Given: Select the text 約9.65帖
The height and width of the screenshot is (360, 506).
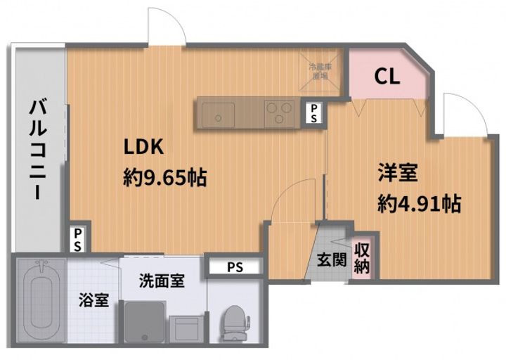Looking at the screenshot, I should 164,177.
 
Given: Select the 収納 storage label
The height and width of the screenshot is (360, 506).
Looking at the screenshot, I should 363,258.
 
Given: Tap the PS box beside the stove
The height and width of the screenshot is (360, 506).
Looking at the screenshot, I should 313,112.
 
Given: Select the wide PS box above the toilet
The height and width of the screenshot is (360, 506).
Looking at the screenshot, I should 235,267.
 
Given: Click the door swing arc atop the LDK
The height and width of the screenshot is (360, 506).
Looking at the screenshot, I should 167,27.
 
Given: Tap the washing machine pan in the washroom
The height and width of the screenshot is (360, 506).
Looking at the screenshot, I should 145,324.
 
